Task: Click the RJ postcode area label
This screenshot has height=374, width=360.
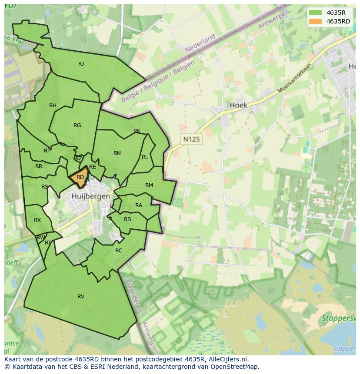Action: tap(81, 64)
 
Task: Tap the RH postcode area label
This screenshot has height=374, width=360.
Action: tap(53, 106)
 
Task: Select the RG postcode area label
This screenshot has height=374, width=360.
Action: tap(77, 126)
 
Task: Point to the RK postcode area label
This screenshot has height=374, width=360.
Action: tap(137, 131)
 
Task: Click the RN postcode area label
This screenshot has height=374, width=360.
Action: tap(117, 153)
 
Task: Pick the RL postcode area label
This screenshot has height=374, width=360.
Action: tap(145, 157)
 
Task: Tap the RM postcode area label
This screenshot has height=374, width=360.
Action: tap(149, 185)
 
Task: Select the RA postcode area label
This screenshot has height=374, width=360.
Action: tap(139, 205)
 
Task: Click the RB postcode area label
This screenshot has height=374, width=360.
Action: tap(127, 219)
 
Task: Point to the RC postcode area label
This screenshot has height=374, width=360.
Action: tap(119, 251)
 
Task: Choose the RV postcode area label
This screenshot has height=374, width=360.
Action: tap(81, 297)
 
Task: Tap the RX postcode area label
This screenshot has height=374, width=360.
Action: tap(37, 220)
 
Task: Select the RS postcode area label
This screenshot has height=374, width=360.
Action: tap(45, 187)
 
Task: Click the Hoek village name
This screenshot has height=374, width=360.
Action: tap(238, 105)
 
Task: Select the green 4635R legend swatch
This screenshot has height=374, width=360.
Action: tap(316, 13)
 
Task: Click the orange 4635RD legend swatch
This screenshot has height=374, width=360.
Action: tap(316, 21)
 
